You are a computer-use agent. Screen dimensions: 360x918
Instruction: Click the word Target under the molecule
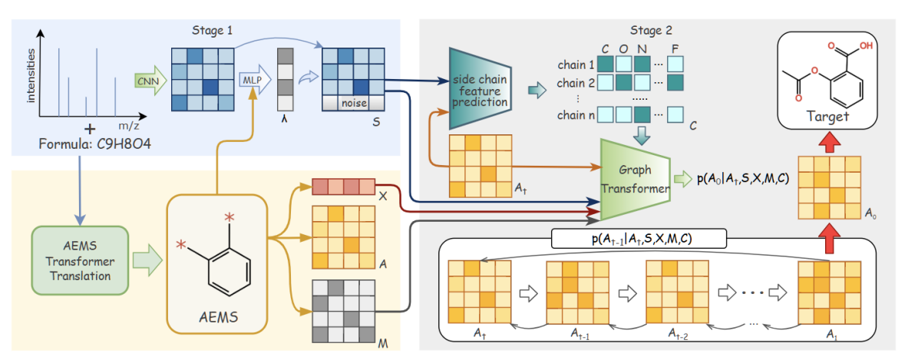(828, 117)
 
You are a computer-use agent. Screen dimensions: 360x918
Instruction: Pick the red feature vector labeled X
(343, 187)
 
